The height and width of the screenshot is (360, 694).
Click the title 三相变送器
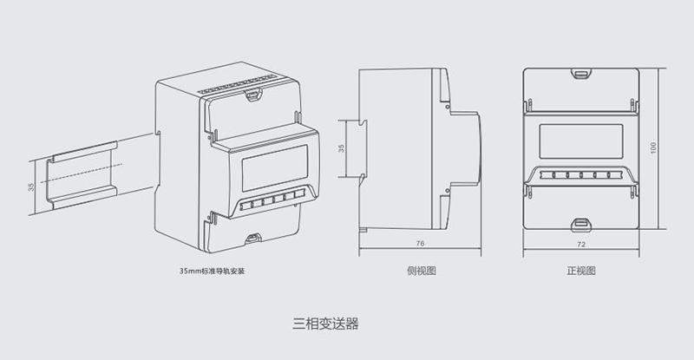(x=325, y=324)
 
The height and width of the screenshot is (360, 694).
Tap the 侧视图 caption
(x=421, y=271)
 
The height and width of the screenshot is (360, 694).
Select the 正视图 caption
(x=580, y=271)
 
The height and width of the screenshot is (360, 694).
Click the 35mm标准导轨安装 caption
(x=212, y=271)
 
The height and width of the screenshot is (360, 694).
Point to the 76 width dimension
(x=420, y=243)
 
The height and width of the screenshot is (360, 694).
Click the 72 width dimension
(x=581, y=244)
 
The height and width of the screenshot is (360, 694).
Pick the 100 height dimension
(x=654, y=147)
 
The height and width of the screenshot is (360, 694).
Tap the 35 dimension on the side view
(x=341, y=148)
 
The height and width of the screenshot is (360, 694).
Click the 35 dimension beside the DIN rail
(x=31, y=187)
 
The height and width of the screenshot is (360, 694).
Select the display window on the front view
(x=580, y=141)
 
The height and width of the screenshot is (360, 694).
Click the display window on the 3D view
(x=274, y=168)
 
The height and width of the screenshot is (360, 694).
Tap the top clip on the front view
(x=581, y=74)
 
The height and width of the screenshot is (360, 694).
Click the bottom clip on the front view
(x=581, y=225)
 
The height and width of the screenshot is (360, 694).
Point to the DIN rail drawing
(x=82, y=176)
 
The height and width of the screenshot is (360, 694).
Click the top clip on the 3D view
(x=253, y=95)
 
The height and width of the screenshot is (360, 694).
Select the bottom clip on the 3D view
(x=253, y=239)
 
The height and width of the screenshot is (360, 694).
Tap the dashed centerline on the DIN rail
(x=81, y=173)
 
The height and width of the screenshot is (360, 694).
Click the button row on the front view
(x=580, y=175)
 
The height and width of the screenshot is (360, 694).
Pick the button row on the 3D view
(x=272, y=200)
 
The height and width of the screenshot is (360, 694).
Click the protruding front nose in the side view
(x=466, y=148)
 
